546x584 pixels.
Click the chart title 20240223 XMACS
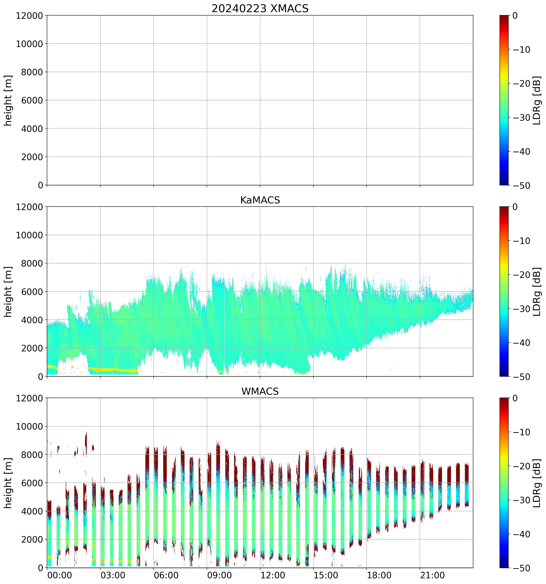[260, 8]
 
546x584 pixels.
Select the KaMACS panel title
[260, 200]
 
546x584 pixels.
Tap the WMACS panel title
[260, 391]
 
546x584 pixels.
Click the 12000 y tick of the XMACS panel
[29, 15]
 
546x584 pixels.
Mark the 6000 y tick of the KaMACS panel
[32, 292]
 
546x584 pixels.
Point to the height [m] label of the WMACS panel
[8, 483]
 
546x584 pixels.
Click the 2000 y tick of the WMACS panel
[32, 539]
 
